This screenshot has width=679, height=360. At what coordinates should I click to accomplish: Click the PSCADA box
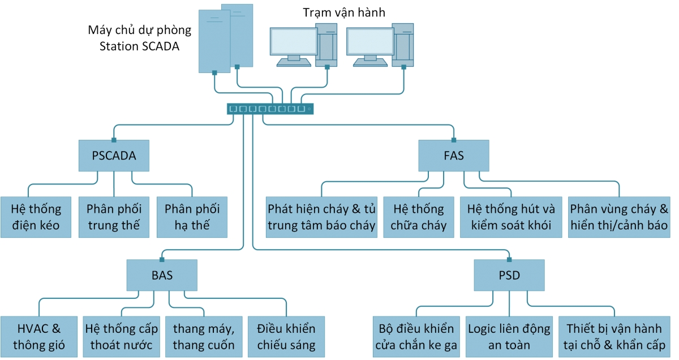click(x=114, y=156)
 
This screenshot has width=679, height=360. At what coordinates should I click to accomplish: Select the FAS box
click(x=454, y=156)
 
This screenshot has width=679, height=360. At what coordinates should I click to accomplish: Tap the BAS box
click(x=162, y=276)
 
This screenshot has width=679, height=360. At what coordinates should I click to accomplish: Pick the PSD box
click(x=509, y=276)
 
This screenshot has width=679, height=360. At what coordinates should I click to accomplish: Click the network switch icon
click(x=270, y=109)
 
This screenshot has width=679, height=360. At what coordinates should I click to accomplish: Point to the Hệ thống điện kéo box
click(x=35, y=217)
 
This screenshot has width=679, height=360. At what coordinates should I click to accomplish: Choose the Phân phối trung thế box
click(x=114, y=217)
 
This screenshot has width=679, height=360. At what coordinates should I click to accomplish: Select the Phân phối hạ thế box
click(x=192, y=217)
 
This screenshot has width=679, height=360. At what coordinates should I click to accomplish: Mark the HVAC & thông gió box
click(x=38, y=337)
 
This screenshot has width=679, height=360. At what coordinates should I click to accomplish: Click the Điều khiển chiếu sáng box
click(x=286, y=337)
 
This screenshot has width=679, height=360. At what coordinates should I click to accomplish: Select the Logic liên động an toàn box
click(x=509, y=337)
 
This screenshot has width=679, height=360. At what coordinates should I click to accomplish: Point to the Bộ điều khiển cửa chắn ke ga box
click(x=416, y=337)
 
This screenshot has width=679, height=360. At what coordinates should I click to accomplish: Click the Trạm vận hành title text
click(x=343, y=12)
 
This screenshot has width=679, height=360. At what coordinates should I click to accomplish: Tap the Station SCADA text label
click(x=139, y=47)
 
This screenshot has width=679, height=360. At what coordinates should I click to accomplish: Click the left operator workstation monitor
click(x=293, y=42)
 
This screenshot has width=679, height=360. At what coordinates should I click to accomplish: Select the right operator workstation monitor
click(x=370, y=42)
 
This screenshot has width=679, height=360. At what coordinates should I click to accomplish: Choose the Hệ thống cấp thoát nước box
click(x=122, y=337)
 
